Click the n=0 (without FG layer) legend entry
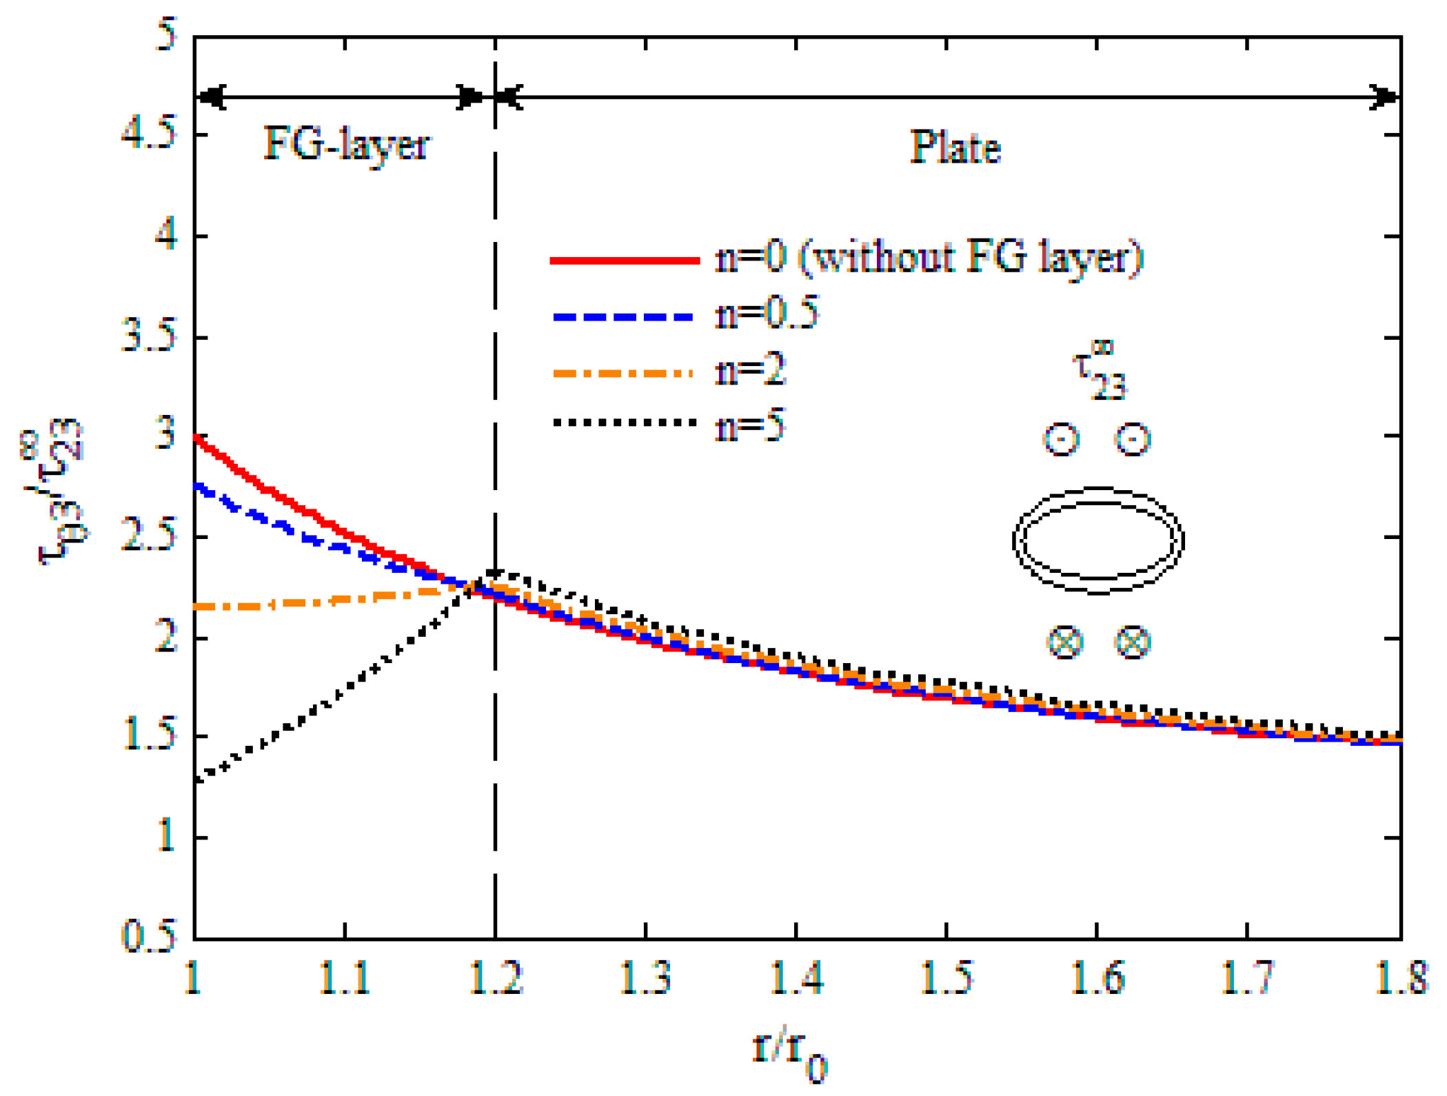[929, 258]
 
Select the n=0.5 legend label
[767, 313]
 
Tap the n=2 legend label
[751, 370]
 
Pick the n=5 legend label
[751, 425]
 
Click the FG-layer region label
[347, 146]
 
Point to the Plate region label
[954, 148]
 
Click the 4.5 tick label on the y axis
[149, 132]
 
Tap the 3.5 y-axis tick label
[149, 336]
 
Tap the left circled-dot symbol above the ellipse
[1061, 439]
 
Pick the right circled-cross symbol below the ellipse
[1133, 642]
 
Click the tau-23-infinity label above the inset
[1098, 372]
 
